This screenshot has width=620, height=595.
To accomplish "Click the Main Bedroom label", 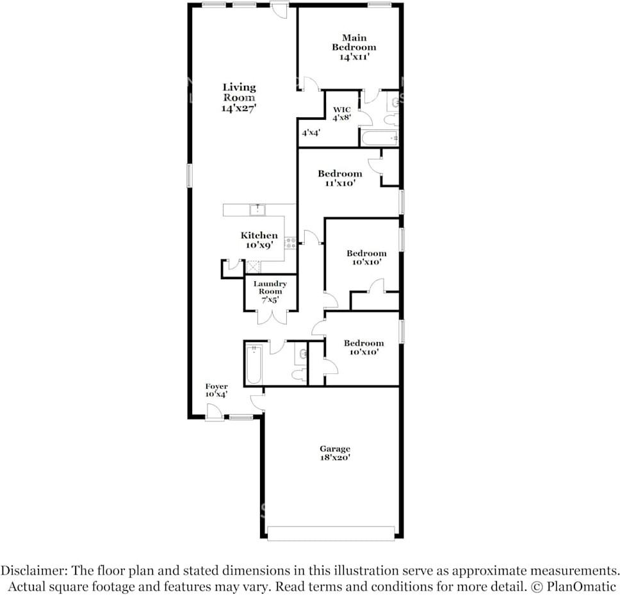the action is tap(354, 43).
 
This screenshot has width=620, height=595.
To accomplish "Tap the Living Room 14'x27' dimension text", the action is tap(239, 108).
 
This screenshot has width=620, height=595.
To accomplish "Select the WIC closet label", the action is tap(341, 110).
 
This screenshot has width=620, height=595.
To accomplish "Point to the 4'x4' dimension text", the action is tap(311, 133).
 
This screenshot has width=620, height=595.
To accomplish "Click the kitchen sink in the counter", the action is tap(257, 209).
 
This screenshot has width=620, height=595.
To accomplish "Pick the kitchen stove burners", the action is tap(291, 243).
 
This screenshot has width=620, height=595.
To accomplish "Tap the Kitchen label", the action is tap(259, 235).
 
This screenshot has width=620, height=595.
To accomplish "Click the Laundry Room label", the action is tap(270, 288).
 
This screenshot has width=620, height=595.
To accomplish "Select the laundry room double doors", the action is tap(272, 317).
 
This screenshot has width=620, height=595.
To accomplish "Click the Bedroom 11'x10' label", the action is tap(339, 178).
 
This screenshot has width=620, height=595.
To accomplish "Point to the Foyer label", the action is tap(216, 386).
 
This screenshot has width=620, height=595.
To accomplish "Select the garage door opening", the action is tap(331, 533).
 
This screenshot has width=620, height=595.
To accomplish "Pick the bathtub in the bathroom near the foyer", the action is tap(254, 364).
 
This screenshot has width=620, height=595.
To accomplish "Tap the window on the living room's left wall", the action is tap(190, 176).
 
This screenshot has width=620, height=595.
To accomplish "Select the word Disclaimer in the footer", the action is tap(33, 571).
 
